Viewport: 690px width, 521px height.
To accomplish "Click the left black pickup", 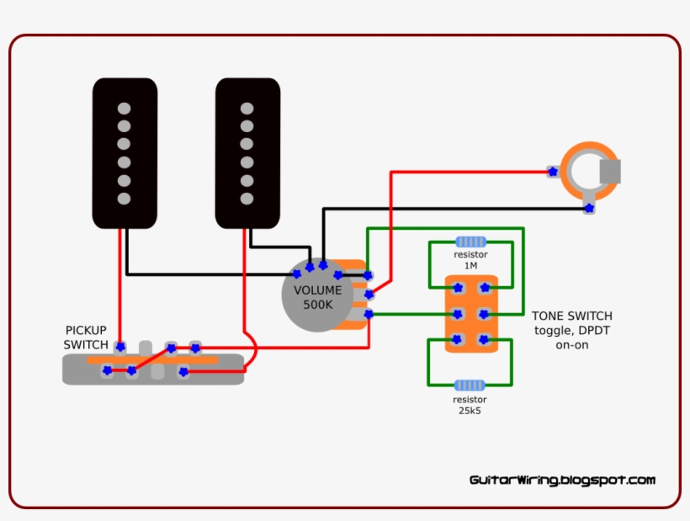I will coord(125,153).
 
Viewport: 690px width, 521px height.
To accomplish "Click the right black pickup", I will coord(247,153).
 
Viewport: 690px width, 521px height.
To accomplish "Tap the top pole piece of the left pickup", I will coord(125,108).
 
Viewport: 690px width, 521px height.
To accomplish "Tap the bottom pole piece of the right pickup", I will coord(247,199).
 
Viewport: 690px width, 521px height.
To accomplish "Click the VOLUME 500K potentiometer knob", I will coord(317,296).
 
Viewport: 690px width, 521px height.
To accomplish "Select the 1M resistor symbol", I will coord(470,242).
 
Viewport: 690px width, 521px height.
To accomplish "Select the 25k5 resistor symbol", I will coord(470,385).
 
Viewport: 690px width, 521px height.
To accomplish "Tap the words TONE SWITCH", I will coord(571,316).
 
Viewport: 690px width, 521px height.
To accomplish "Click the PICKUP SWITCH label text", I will coord(86,338).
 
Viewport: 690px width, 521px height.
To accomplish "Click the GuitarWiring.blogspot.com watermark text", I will coord(562,480).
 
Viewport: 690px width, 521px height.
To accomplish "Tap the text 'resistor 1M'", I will coord(470,259).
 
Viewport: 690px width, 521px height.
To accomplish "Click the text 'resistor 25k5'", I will coord(470,405).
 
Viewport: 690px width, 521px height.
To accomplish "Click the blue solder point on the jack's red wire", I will coord(552,172).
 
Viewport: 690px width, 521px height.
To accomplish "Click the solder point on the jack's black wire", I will coord(588,207).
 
